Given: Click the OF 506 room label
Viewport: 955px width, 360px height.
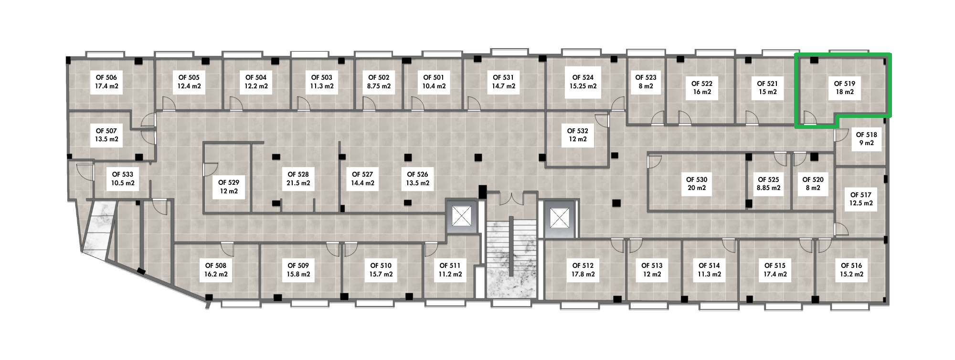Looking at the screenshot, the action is (x=106, y=77).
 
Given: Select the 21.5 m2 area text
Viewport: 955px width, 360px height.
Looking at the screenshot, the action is (x=298, y=183).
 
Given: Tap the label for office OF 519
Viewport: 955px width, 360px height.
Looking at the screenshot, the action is (x=845, y=84).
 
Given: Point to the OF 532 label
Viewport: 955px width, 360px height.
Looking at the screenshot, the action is (x=578, y=131).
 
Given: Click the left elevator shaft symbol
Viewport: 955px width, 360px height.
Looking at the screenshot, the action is (x=462, y=218).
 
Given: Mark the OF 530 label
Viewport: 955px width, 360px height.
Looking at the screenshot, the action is (x=697, y=180).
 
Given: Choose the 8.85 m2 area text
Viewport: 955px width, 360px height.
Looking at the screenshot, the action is (x=769, y=188).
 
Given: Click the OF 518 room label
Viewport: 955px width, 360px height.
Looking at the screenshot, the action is (x=867, y=135).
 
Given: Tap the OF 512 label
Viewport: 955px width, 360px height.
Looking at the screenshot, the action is (x=583, y=265).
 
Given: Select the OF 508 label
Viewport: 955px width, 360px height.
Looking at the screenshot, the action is (x=216, y=265).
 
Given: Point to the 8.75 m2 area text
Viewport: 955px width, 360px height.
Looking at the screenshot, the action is (x=379, y=86).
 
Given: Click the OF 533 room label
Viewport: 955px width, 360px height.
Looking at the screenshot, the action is (x=123, y=175).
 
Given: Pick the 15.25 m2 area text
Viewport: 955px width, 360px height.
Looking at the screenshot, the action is (x=583, y=86).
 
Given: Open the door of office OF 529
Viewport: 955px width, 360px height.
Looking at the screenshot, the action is (x=211, y=169).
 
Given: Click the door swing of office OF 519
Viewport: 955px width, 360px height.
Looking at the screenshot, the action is (x=810, y=117).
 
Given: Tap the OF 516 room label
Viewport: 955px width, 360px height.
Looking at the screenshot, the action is (x=851, y=265).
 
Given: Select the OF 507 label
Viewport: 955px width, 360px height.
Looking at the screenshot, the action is (x=106, y=131).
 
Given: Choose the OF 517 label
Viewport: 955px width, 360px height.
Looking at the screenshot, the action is (x=861, y=195).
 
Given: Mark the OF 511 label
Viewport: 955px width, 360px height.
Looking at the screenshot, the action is (x=450, y=265).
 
